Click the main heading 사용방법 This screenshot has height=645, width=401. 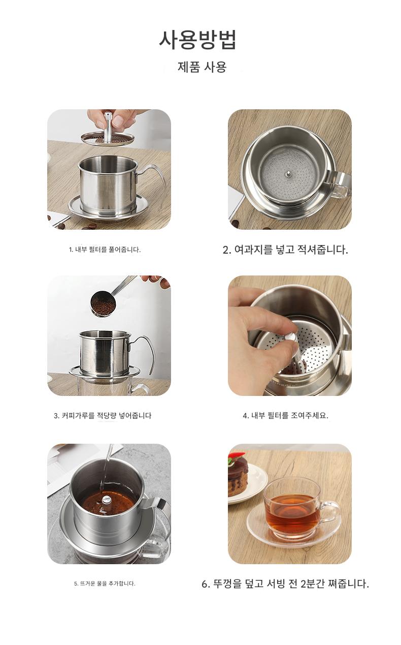coord(198,40)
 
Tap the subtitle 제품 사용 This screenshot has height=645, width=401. coord(202,67)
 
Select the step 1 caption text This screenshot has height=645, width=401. coord(105,250)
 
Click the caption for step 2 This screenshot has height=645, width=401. coord(285,250)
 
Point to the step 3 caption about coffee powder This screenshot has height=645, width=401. coord(103,415)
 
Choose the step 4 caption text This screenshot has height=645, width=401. coord(285,415)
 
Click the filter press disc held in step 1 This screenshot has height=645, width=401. coord(107,138)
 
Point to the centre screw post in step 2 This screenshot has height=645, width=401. coord(288,174)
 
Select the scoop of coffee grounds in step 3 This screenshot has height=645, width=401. coord(103,303)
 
